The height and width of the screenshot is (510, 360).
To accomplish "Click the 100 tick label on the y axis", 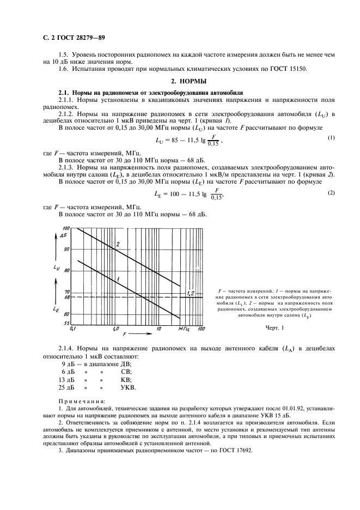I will coord(66,228).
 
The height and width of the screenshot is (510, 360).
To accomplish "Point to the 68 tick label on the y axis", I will coord(67,297).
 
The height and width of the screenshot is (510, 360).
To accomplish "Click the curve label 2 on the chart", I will coord(117,245).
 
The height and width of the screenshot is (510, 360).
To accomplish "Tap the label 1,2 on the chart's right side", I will coord(191,293).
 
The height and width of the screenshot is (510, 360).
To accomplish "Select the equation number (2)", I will coord(330,193).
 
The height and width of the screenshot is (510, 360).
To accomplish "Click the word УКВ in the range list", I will coord(129,388).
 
